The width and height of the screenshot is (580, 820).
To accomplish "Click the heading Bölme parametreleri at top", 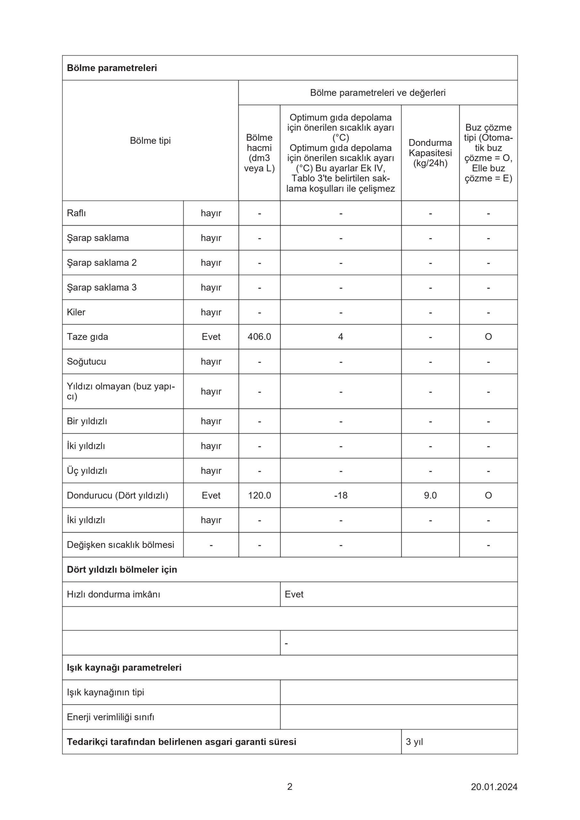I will click(x=112, y=68).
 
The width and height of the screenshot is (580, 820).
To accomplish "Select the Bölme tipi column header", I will click(x=150, y=140).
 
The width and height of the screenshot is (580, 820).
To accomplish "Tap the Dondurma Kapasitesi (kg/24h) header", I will click(x=430, y=153).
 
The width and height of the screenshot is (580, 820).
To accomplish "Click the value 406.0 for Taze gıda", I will click(x=259, y=336).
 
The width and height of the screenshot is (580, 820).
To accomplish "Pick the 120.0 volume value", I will click(x=259, y=495).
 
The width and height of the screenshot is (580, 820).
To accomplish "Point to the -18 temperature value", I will click(x=340, y=495).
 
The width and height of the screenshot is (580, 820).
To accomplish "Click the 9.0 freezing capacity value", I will click(x=430, y=495).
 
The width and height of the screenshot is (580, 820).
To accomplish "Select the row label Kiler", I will click(x=76, y=312).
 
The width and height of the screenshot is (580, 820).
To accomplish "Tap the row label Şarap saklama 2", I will click(x=102, y=263).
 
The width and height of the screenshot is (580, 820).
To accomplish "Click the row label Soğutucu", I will click(x=86, y=361).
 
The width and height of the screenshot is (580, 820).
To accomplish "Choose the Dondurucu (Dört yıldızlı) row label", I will click(x=117, y=495).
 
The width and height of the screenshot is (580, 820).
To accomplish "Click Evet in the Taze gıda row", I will click(x=211, y=336).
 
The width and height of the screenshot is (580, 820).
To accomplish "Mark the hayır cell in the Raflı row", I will click(x=211, y=213).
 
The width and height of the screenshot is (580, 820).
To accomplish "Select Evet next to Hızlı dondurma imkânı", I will click(x=294, y=594).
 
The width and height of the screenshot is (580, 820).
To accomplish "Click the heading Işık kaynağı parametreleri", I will click(x=124, y=667).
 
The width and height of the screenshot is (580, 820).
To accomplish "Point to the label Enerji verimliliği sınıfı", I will click(x=110, y=717).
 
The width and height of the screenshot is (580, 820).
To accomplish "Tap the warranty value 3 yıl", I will click(x=414, y=742).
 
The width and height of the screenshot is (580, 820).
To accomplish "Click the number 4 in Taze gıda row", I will click(x=340, y=336).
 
